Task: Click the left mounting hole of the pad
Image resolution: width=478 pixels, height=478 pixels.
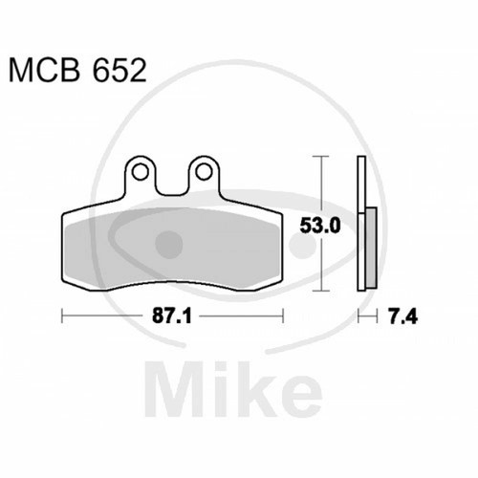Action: [141, 172]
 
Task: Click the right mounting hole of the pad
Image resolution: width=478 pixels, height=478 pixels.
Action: [204, 172]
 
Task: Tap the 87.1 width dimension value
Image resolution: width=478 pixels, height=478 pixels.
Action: [172, 316]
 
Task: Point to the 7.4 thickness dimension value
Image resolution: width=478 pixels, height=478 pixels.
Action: [402, 316]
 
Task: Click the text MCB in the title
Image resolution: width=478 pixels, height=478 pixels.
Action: [44, 70]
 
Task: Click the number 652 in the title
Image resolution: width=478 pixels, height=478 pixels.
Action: [119, 70]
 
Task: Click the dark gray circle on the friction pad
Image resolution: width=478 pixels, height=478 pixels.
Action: [169, 245]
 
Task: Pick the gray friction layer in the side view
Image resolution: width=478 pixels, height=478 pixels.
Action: [371, 248]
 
